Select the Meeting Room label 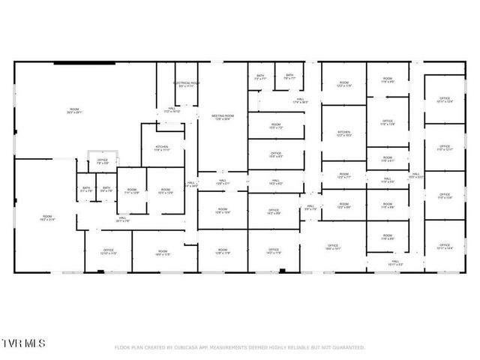223,117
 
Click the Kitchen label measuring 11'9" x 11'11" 162,148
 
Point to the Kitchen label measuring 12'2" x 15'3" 344,133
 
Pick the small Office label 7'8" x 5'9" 102,162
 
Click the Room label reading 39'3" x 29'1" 74,110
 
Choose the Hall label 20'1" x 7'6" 123,220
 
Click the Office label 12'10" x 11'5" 108,251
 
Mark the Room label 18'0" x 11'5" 163,253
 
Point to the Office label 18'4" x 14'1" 333,247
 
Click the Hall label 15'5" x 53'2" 415,175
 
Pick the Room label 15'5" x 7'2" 275,126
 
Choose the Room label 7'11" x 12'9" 132,193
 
